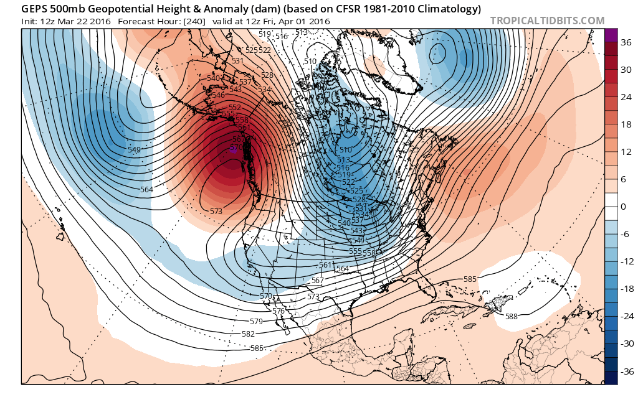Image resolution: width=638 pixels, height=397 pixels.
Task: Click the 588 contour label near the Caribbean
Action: (511, 317)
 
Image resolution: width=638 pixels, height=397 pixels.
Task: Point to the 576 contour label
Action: (279, 311)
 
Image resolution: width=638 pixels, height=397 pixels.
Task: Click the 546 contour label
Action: (219, 95)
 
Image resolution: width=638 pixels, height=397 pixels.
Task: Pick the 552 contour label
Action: (235, 108)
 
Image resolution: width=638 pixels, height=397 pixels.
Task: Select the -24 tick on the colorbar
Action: (622, 316)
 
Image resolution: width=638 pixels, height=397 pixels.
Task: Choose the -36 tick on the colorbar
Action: (622, 371)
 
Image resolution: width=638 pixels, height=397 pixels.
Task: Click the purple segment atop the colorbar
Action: (611, 35)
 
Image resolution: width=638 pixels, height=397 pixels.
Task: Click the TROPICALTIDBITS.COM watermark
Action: (547, 21)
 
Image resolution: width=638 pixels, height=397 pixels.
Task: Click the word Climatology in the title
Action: (449, 9)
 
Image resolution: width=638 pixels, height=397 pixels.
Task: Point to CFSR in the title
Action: (345, 9)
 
